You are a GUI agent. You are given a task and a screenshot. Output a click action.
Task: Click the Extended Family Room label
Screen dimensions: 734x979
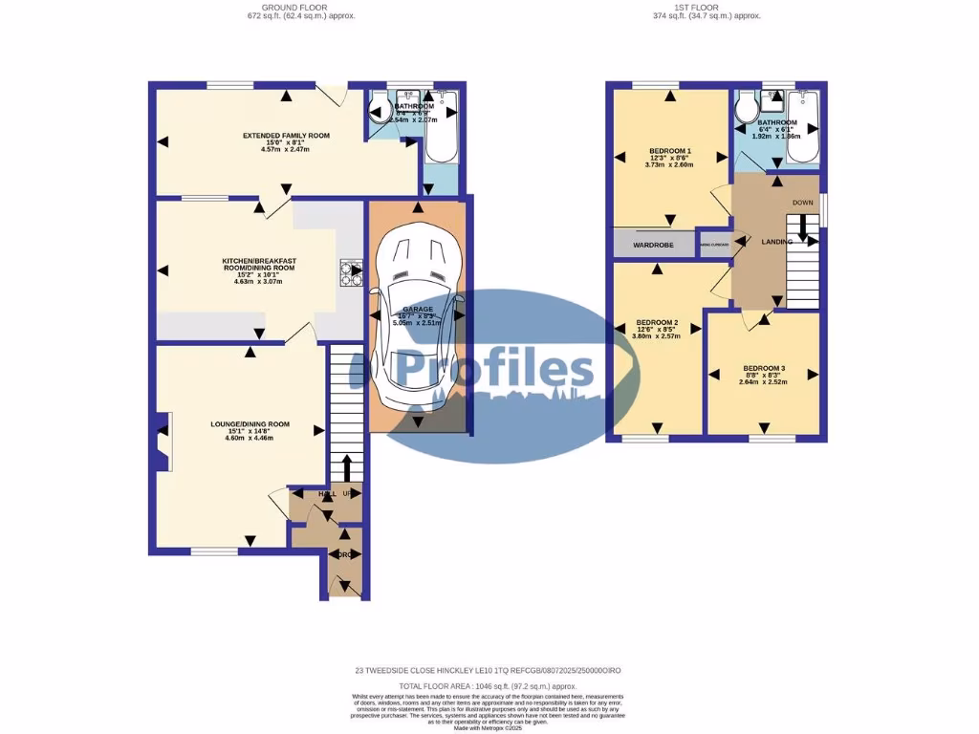[x=286, y=136]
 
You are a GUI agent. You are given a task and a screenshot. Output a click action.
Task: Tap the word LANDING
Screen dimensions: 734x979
[x=776, y=242]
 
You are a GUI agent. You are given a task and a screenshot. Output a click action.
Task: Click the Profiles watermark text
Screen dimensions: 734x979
[x=496, y=367]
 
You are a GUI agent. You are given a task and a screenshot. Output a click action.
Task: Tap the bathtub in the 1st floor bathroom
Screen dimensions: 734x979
[x=803, y=127]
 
